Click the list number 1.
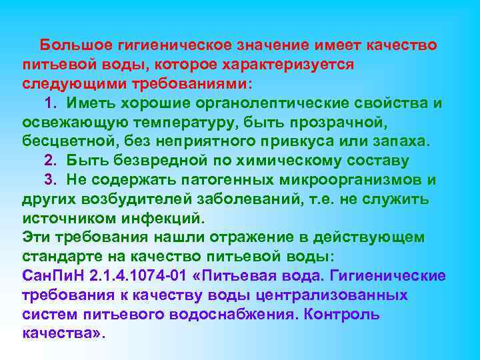coord(49,103)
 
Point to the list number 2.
coord(49,161)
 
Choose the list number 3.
coord(49,180)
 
